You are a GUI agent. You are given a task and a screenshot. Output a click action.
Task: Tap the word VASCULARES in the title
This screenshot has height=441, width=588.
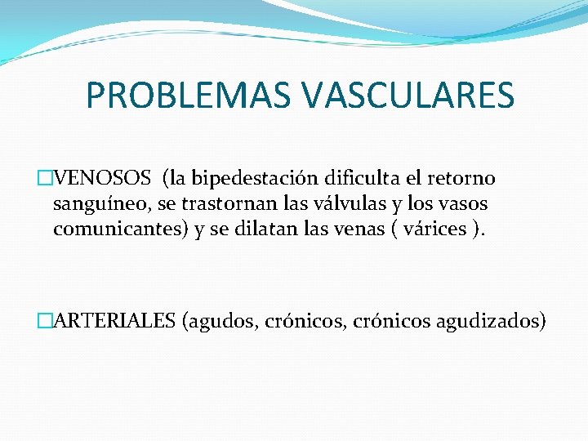pos(408,95)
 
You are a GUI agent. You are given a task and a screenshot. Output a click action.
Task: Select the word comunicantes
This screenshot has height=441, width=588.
pos(121,229)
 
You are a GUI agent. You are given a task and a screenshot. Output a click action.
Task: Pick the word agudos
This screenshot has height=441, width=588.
pos(225,320)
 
